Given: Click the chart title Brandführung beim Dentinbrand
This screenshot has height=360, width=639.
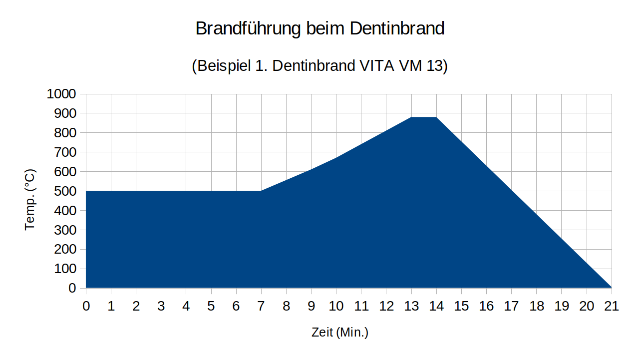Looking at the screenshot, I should tap(319, 28).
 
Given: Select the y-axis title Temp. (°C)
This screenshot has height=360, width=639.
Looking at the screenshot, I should tap(30, 200).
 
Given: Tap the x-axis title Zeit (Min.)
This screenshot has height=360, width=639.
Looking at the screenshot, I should tap(340, 332).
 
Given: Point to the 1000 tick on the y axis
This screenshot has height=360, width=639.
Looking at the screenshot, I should tap(61, 94).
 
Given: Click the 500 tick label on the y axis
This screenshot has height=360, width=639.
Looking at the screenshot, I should tap(65, 191).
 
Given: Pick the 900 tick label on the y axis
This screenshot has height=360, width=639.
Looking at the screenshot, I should tap(65, 113).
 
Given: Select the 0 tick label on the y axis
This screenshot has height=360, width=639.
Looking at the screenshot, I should tap(73, 288).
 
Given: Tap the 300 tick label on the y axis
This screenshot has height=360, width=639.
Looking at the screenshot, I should tap(65, 230).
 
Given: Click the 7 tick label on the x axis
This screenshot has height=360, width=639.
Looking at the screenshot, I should tap(261, 306).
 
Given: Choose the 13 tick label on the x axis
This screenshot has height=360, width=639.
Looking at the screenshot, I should tap(411, 306).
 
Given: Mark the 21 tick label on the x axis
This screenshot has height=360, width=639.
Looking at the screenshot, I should tap(612, 306).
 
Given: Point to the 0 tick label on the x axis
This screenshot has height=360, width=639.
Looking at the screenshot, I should tap(86, 306).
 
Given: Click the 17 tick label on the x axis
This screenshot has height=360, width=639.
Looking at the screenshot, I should tap(511, 306).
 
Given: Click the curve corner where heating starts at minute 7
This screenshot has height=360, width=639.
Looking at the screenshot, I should tap(261, 191).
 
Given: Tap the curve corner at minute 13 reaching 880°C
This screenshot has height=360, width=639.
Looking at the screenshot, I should tap(411, 117).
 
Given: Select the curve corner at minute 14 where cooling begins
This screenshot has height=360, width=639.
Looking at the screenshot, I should tap(436, 117).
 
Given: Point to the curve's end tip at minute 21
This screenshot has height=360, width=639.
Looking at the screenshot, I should tap(611, 288).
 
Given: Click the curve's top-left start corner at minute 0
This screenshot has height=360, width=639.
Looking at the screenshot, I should tap(86, 191).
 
